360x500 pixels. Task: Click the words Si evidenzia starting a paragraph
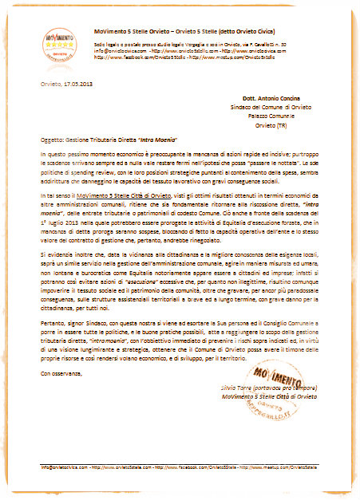(x=57, y=250)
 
